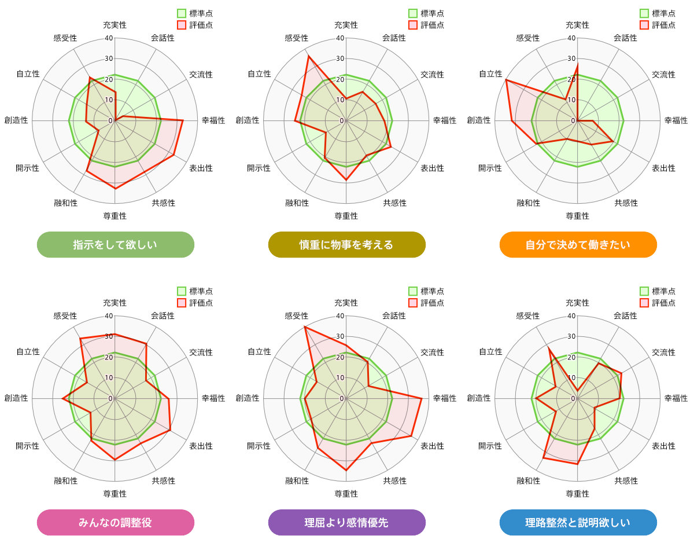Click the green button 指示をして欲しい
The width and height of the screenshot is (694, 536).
point(115,245)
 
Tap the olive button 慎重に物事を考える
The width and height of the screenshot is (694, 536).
point(346,245)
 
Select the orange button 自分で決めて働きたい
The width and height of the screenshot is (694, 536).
point(578,245)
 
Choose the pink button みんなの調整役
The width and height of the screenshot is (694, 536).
point(115,523)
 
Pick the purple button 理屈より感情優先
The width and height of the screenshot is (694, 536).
point(346,523)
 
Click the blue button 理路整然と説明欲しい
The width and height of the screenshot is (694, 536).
point(578,523)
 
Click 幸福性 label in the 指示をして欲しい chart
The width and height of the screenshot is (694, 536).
point(213,120)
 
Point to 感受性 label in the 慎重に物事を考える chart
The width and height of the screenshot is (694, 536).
point(296,38)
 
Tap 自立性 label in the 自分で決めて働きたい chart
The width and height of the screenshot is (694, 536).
point(490,74)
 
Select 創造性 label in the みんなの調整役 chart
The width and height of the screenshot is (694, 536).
point(16,398)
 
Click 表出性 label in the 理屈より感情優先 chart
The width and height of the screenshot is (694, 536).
point(432,446)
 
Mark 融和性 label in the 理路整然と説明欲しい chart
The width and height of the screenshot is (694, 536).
point(528,480)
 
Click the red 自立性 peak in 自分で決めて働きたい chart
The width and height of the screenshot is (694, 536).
point(506,79)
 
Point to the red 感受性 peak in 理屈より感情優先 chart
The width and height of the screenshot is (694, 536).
point(305,327)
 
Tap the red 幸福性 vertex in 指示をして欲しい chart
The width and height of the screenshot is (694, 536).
point(183,120)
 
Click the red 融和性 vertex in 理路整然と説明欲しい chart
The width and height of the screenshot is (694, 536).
point(544,458)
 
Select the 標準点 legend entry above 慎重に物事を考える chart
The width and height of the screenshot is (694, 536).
point(426,13)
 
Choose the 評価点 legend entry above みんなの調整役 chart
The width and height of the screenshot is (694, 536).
point(195,303)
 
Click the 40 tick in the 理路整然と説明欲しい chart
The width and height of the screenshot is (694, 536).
point(571,316)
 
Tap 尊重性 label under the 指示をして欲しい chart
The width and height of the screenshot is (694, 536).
point(115,216)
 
